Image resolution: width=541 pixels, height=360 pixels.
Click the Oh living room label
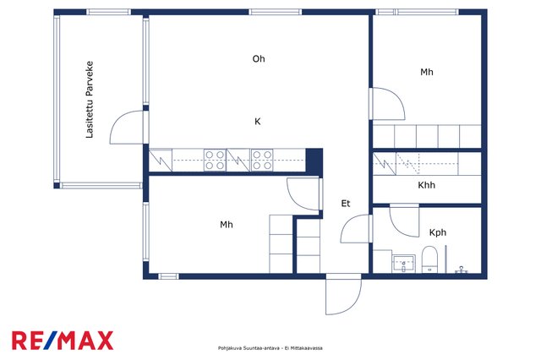(x=259, y=59)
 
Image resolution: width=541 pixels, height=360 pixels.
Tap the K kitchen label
(x=257, y=122)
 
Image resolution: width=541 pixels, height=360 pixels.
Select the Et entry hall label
(x=346, y=204)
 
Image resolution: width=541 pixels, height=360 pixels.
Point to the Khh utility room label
(x=426, y=185)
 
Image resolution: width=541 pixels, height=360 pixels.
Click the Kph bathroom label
(x=438, y=232)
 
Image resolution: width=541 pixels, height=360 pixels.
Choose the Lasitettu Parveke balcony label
(x=90, y=100)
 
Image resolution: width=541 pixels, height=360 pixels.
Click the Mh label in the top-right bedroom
(x=426, y=72)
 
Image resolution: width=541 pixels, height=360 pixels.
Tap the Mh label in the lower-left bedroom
(x=227, y=225)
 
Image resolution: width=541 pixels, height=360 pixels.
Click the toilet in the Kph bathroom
(x=429, y=259)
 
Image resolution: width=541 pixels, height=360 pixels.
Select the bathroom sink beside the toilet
(x=404, y=264)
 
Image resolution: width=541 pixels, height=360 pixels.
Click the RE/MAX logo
(x=63, y=341)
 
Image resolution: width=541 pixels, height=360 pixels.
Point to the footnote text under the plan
(x=270, y=348)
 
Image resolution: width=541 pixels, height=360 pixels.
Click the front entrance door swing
(x=344, y=294)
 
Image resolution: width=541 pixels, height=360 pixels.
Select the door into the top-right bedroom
(x=387, y=103)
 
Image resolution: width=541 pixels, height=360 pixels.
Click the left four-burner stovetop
(x=215, y=160)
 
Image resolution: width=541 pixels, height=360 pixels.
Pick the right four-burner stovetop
(x=262, y=160)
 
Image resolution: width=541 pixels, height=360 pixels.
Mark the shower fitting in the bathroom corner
(x=462, y=270)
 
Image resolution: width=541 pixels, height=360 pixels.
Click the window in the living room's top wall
(x=276, y=12)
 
